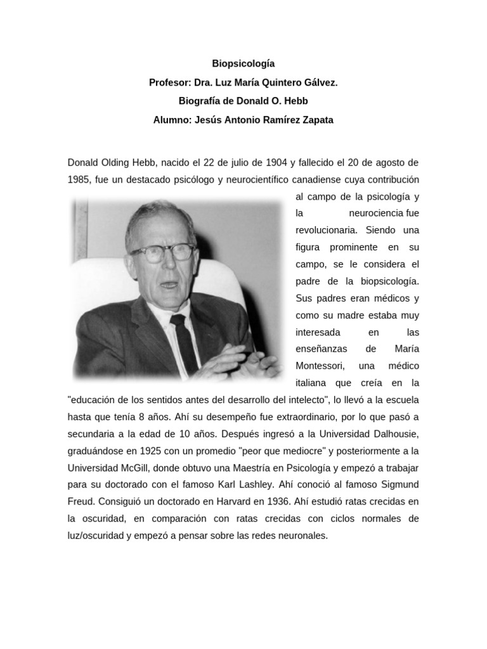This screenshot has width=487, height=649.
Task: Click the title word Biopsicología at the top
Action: pos(243,64)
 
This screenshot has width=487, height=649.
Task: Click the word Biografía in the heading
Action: pos(201,101)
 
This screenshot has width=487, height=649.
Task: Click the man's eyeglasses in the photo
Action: pos(162,252)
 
